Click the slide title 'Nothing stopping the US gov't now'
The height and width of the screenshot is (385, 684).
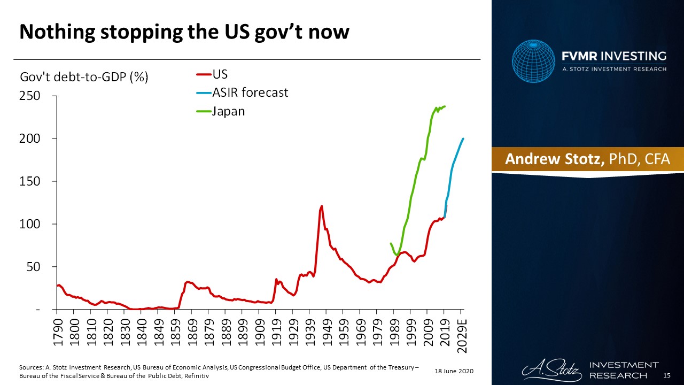[184, 32]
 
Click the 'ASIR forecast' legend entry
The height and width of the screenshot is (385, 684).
[250, 93]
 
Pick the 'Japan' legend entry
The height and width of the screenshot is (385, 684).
[228, 111]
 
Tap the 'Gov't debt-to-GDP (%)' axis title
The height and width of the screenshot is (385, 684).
[84, 77]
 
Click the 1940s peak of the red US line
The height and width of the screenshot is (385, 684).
[322, 206]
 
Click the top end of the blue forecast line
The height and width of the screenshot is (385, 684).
[463, 138]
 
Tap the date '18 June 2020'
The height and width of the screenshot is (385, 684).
[454, 371]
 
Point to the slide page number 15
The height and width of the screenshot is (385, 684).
[666, 376]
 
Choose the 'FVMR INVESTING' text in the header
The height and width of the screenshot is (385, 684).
[613, 56]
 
